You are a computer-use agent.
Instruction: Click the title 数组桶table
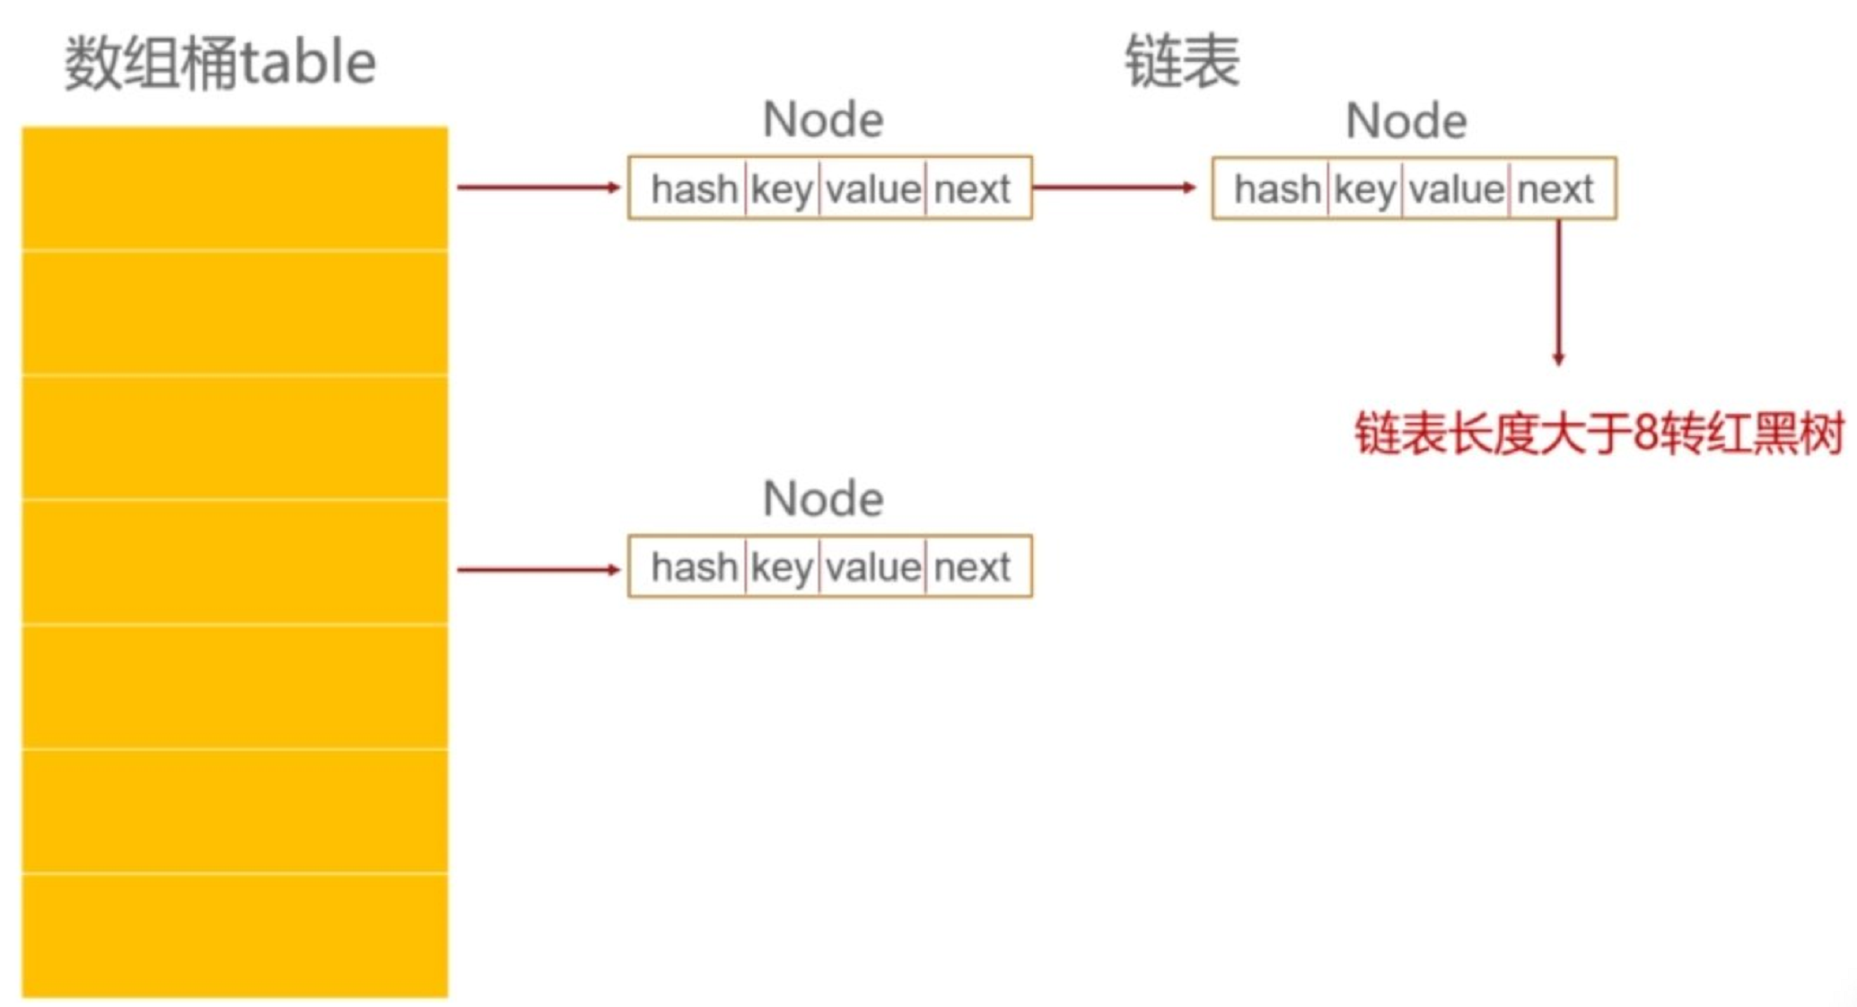pyautogui.click(x=220, y=63)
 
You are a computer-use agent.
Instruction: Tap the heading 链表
pyautogui.click(x=1181, y=61)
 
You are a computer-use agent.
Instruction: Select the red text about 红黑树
pyautogui.click(x=1599, y=434)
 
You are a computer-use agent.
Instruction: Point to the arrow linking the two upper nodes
pyautogui.click(x=1114, y=188)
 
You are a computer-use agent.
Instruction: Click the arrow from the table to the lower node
pyautogui.click(x=538, y=569)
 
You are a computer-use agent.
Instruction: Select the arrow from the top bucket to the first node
pyautogui.click(x=538, y=188)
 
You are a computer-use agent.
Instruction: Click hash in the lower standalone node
pyautogui.click(x=694, y=567)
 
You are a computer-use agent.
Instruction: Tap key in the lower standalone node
pyautogui.click(x=782, y=567)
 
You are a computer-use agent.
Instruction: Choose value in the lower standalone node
pyautogui.click(x=872, y=567)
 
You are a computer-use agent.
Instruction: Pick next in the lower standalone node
pyautogui.click(x=972, y=567)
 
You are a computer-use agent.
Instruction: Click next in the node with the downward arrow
pyautogui.click(x=1555, y=189)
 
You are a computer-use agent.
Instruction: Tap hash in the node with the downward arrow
pyautogui.click(x=1277, y=189)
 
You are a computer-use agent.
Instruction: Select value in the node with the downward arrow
pyautogui.click(x=1456, y=189)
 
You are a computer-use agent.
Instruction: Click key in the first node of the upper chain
pyautogui.click(x=782, y=189)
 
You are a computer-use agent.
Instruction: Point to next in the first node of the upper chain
pyautogui.click(x=972, y=189)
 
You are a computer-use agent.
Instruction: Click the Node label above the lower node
pyautogui.click(x=823, y=499)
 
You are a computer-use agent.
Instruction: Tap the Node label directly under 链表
pyautogui.click(x=1406, y=121)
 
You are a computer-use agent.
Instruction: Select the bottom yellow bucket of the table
pyautogui.click(x=235, y=934)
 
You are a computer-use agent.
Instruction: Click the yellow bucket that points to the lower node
pyautogui.click(x=235, y=562)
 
